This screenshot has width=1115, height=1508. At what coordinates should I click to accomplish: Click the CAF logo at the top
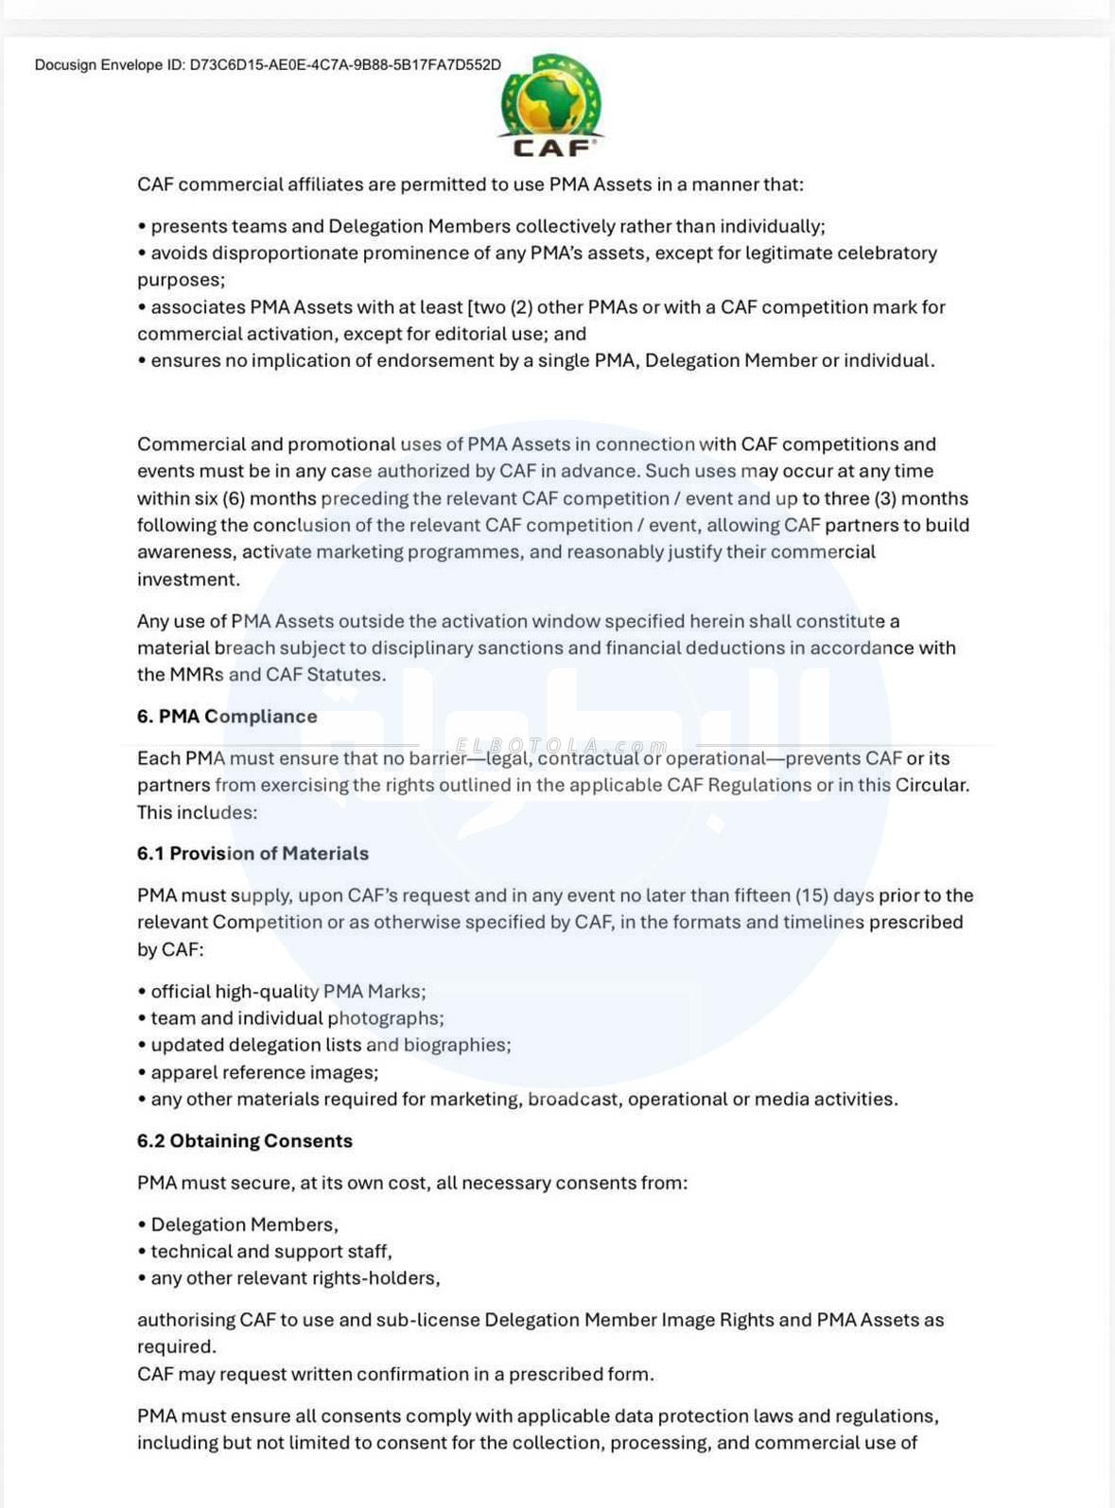pyautogui.click(x=550, y=106)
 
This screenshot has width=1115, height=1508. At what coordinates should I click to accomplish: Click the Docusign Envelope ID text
pyautogui.click(x=268, y=65)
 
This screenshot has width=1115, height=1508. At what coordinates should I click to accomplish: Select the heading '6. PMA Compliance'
pyautogui.click(x=227, y=717)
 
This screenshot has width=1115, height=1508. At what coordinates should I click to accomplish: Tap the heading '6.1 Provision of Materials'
pyautogui.click(x=253, y=854)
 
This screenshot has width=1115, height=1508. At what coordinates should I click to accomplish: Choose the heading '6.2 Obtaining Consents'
pyautogui.click(x=244, y=1141)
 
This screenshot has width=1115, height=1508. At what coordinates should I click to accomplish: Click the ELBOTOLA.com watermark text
pyautogui.click(x=562, y=747)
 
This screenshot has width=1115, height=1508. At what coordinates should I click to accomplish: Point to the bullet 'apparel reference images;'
pyautogui.click(x=264, y=1072)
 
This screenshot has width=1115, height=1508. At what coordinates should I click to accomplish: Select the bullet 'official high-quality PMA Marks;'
pyautogui.click(x=287, y=992)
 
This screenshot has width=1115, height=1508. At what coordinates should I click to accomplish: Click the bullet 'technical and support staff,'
pyautogui.click(x=270, y=1252)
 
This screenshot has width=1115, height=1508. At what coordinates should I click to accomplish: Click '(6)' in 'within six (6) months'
pyautogui.click(x=233, y=498)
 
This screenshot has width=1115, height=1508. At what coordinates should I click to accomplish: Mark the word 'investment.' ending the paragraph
pyautogui.click(x=188, y=580)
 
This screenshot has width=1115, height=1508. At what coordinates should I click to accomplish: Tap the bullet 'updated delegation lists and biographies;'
pyautogui.click(x=330, y=1045)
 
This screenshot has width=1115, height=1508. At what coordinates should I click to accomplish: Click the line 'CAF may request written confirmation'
pyautogui.click(x=395, y=1375)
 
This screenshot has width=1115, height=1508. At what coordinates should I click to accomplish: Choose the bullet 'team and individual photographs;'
pyautogui.click(x=297, y=1018)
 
